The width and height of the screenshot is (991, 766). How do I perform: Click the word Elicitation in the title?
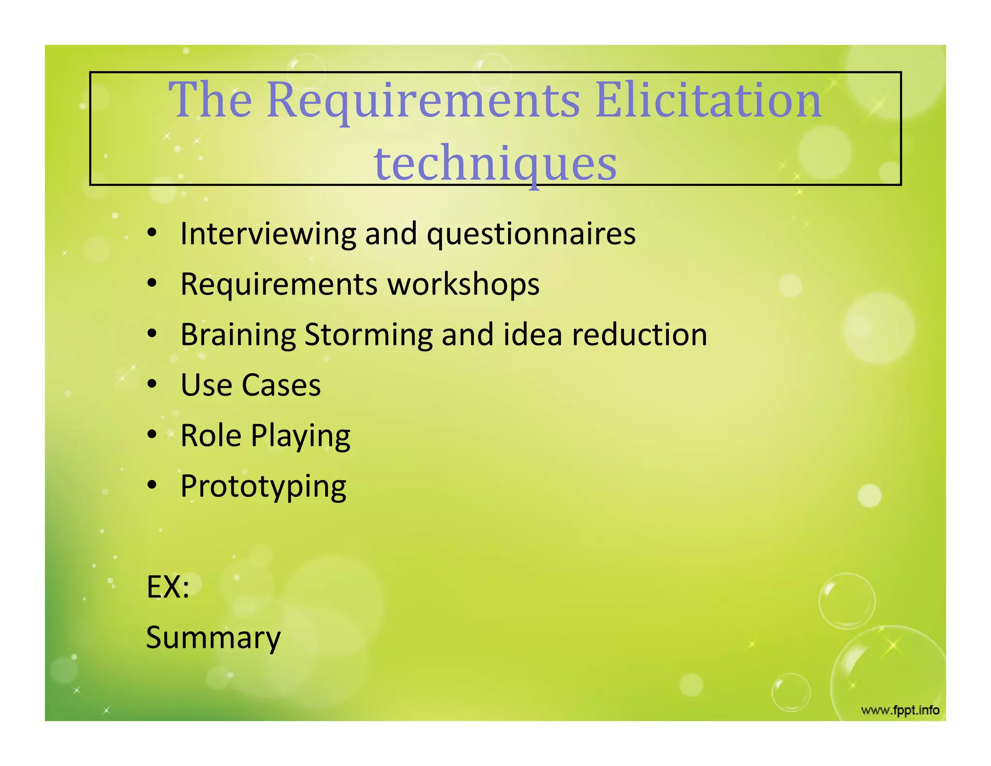click(x=708, y=101)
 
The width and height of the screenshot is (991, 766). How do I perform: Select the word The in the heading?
click(x=210, y=101)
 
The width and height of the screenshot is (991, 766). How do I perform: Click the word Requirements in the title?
click(x=423, y=101)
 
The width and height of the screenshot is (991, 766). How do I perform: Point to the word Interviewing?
click(x=268, y=234)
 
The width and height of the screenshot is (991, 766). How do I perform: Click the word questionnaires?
click(x=531, y=234)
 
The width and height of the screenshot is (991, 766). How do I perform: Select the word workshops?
click(x=463, y=284)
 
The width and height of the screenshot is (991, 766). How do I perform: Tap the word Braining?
click(x=238, y=335)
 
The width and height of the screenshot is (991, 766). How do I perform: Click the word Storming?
click(x=368, y=335)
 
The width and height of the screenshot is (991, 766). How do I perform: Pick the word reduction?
click(x=639, y=335)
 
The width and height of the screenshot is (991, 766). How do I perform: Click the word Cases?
click(x=281, y=385)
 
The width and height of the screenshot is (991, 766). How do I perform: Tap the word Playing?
click(x=300, y=436)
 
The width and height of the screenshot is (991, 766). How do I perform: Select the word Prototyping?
click(x=263, y=487)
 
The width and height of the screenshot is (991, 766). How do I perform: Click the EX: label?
click(x=167, y=587)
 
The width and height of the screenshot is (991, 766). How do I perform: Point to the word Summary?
click(x=213, y=638)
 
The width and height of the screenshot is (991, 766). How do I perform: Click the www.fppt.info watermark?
click(x=900, y=710)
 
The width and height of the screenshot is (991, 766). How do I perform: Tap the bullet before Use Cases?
click(x=152, y=384)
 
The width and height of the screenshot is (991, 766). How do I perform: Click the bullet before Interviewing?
click(x=152, y=233)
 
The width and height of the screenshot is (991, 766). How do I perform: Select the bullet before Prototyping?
click(x=152, y=485)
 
